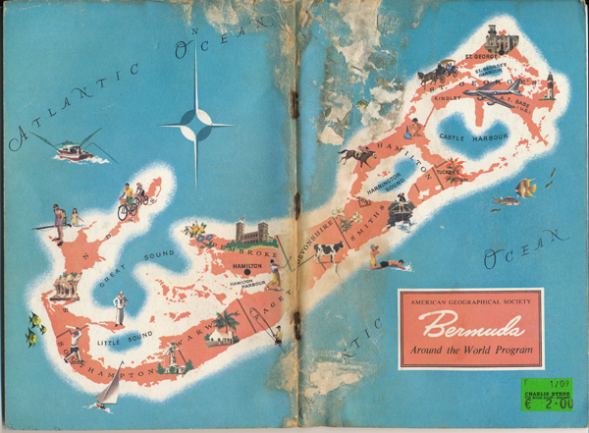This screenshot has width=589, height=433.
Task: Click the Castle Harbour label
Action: point(466,137)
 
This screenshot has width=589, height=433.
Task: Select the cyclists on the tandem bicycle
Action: point(131,201)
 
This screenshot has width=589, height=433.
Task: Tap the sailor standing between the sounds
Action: point(120,307)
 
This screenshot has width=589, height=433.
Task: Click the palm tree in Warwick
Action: point(228,323)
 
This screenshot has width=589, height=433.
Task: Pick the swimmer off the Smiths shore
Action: point(385,263)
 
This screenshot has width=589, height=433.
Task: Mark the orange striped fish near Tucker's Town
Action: point(527,187)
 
